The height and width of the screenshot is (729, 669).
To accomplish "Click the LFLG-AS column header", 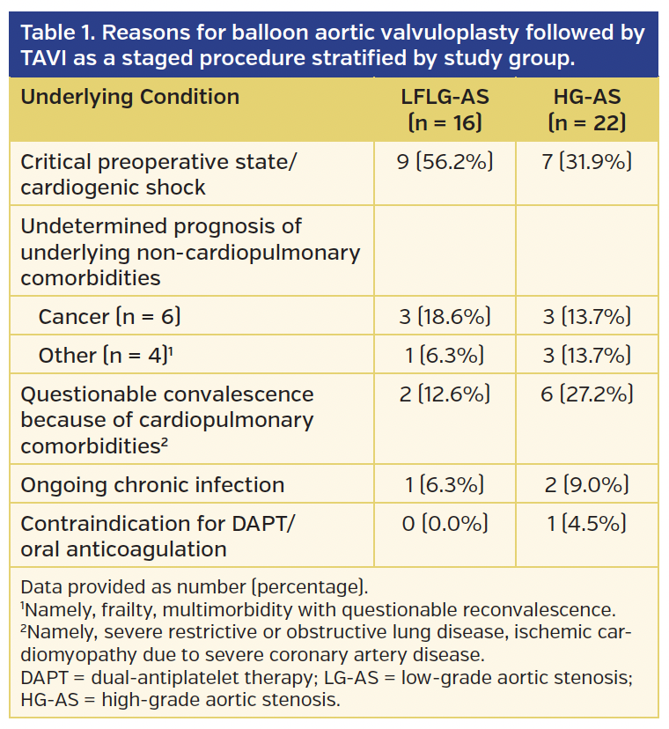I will [x=445, y=109].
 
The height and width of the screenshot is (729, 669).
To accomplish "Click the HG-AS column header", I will [x=586, y=109].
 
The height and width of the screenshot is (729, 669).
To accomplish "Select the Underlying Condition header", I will [x=129, y=97].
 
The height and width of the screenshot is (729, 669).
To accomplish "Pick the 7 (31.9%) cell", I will [x=586, y=163].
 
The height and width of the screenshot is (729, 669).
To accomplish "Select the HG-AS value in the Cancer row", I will [x=586, y=316].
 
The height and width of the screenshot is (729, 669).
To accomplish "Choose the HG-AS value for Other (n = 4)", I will [x=586, y=355].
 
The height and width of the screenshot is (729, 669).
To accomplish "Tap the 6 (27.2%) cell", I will [x=586, y=394].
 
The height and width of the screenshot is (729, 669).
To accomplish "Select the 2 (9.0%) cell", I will [x=586, y=484].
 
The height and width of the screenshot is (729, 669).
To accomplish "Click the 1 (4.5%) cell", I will [x=586, y=523].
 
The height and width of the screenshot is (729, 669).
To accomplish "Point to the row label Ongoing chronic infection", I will [x=152, y=484].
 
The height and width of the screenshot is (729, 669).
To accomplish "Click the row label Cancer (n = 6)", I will [x=110, y=316].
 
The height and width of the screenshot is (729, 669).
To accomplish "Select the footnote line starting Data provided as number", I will [x=194, y=586].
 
